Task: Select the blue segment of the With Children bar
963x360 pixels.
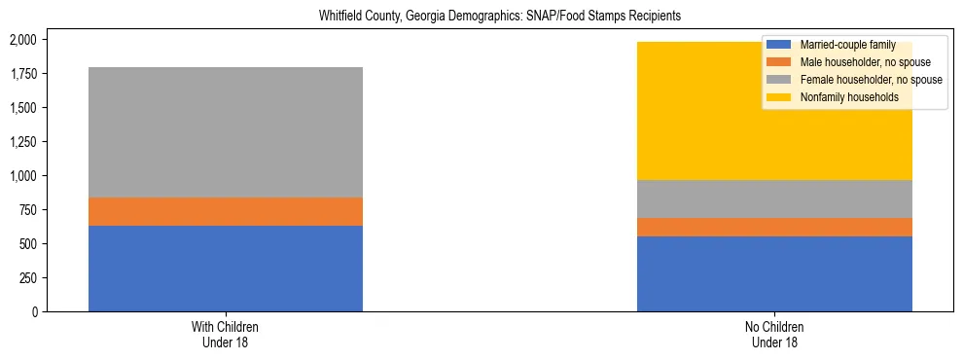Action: (226, 269)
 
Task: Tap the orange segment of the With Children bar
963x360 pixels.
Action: (226, 211)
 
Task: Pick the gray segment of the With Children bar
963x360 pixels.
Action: (226, 132)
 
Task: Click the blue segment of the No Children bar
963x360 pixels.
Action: (774, 273)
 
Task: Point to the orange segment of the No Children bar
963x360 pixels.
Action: (774, 227)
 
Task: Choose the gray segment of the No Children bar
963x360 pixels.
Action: (774, 198)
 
